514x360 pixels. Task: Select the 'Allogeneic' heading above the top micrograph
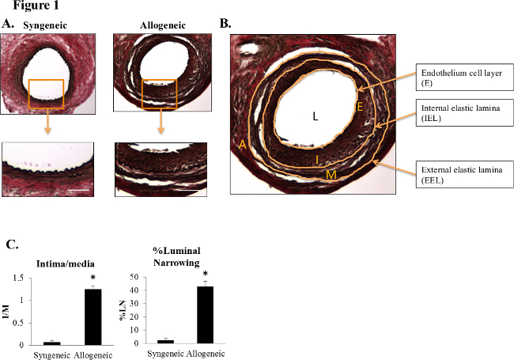(161, 25)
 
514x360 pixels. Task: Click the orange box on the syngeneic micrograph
(46, 93)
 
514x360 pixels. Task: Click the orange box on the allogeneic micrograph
(158, 93)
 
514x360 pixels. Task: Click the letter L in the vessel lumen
(315, 116)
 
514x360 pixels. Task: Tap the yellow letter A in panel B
(240, 144)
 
